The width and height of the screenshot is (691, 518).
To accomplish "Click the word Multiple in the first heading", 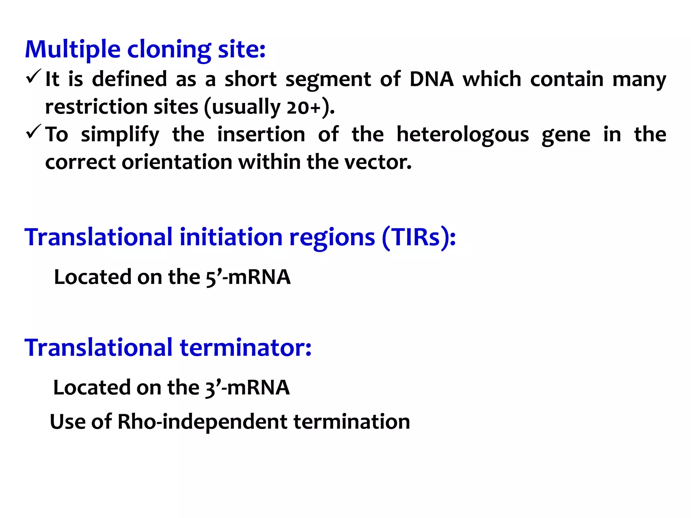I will tap(73, 50).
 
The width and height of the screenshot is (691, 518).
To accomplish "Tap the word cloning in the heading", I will tap(169, 50).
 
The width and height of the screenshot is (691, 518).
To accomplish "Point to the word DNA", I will tap(432, 79).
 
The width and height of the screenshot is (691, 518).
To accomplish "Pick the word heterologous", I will tap(463, 135).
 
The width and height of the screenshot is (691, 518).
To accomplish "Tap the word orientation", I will tap(177, 162).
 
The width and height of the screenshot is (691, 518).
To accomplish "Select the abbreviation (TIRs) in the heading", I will tap(418, 237).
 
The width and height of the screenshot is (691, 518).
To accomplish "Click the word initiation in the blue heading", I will tap(231, 237).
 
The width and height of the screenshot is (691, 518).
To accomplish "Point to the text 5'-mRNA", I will tap(248, 277).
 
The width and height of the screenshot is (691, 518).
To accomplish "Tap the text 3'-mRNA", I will tap(247, 387).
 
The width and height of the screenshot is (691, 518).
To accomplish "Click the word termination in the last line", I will tap(352, 422).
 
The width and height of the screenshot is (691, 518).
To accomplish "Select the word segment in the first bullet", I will tap(328, 79).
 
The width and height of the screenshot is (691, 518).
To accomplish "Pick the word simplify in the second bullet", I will tap(120, 135).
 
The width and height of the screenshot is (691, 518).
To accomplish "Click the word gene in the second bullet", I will tap(566, 135).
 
